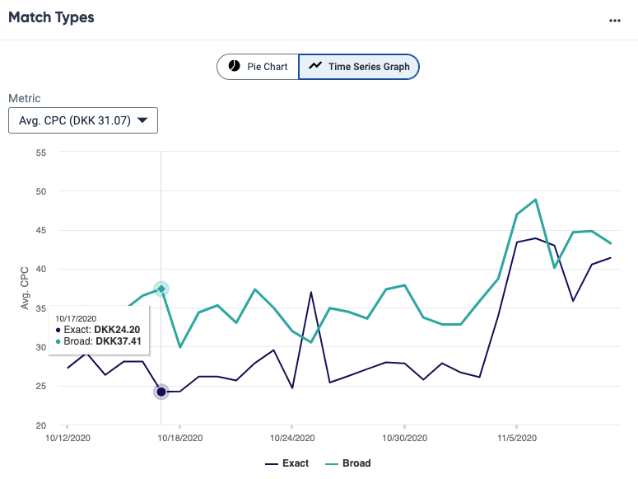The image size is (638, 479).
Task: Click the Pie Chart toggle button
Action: tap(258, 67)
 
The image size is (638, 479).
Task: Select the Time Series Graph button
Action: tap(359, 67)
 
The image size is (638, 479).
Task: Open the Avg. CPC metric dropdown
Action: tap(82, 120)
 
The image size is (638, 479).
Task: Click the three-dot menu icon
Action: tap(614, 21)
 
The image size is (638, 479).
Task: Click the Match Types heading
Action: tap(51, 17)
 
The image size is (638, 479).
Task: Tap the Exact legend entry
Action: tap(287, 463)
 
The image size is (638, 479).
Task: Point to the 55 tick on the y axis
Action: tap(40, 153)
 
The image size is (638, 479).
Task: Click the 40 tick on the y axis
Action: tap(40, 269)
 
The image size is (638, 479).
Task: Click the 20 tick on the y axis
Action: tap(40, 425)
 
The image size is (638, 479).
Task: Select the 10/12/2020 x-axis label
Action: tap(68, 439)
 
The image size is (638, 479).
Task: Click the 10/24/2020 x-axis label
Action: tap(291, 439)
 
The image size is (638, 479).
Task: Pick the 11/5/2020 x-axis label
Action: tap(515, 439)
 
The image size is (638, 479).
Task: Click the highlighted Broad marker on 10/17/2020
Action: tap(161, 289)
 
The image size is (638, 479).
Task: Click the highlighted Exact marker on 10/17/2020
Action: tap(161, 392)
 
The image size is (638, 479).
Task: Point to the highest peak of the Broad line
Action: tap(536, 200)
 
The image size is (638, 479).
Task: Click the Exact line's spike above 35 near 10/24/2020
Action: tap(311, 292)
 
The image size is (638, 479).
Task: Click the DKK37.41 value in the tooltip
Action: tap(118, 341)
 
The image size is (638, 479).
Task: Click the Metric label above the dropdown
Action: tap(25, 98)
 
